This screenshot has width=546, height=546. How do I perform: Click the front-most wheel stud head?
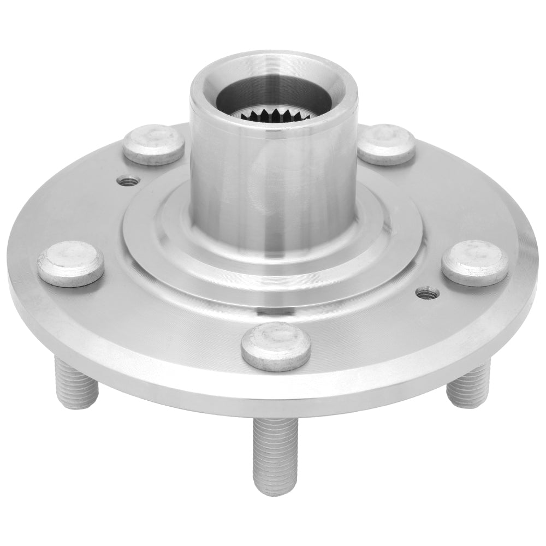tap(276, 346)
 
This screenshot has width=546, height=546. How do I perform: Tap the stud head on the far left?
tap(71, 263)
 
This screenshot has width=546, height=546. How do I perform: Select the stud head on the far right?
tap(474, 262)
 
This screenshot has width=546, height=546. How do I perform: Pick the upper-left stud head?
tap(153, 144)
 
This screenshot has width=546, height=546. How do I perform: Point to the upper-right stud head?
tap(387, 144)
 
